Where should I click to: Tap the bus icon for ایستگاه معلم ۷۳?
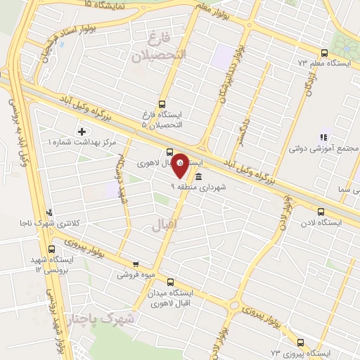tap(324, 53)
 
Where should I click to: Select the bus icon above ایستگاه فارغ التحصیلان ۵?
tap(163, 103)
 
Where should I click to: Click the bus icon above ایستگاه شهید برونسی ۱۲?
tap(51, 249)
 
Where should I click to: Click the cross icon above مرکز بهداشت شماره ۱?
tap(82, 131)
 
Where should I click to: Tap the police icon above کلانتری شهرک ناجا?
tap(48, 212)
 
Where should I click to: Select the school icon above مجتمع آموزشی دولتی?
tap(323, 137)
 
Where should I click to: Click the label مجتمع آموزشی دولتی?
tap(326, 149)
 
